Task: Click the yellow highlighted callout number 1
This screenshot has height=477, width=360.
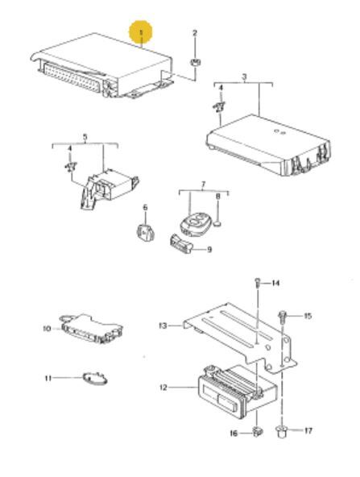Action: pos(140,32)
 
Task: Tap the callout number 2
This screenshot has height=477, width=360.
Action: pos(195,32)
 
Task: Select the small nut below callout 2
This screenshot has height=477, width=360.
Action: pos(195,62)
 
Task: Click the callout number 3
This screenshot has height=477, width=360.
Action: pos(245,77)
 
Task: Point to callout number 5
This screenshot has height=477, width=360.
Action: pos(85,137)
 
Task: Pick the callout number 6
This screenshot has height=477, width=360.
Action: pos(145,207)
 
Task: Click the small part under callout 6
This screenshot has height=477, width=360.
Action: pos(145,232)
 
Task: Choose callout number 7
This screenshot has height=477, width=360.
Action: pos(204,184)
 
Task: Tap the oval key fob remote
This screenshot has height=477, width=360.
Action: pos(192,224)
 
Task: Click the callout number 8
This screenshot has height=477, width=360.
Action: pos(217,197)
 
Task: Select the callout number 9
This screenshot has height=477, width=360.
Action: pos(209,250)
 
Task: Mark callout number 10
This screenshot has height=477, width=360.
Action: pos(48,329)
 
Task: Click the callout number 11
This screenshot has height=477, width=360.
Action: pos(48,378)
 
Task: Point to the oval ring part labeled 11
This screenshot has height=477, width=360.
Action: pos(95,379)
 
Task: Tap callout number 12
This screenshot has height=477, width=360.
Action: pos(163,388)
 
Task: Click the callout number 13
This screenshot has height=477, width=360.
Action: pos(163,326)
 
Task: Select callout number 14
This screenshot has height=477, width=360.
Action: pos(275,284)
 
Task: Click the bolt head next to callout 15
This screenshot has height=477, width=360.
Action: pos(282,314)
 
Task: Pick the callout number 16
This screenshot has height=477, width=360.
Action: pos(234,433)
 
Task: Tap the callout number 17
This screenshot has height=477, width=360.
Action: pos(308,431)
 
